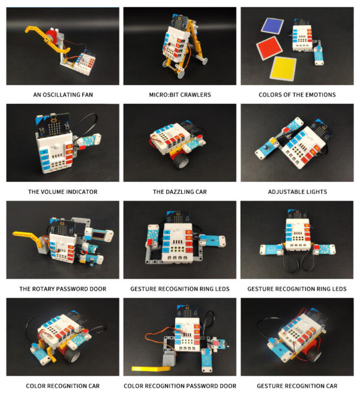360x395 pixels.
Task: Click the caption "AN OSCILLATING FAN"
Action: (x=63, y=95)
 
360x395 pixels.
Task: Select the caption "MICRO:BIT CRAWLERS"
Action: (x=179, y=95)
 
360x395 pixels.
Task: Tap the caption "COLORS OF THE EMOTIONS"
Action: (x=297, y=95)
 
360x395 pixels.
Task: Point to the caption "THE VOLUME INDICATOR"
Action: (x=63, y=192)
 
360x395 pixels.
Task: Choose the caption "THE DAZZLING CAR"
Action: (x=179, y=192)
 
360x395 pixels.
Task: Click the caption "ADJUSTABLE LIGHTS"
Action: (x=297, y=192)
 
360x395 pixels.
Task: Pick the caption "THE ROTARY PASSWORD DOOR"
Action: (x=63, y=289)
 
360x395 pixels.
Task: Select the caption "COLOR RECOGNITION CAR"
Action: (x=63, y=385)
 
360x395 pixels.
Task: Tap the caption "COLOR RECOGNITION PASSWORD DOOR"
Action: (x=179, y=385)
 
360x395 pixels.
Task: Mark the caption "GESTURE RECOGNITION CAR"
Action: (x=297, y=385)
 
